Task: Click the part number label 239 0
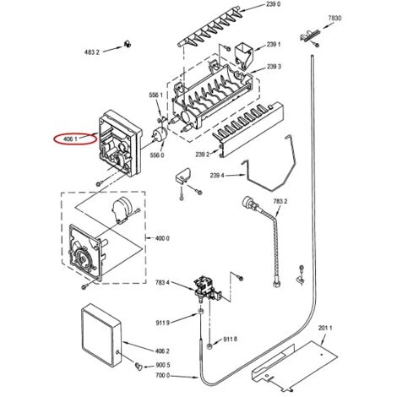click(273, 4)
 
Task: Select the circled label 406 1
click(70, 139)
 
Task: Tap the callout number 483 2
click(92, 52)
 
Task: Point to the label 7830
click(334, 19)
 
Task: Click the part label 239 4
click(217, 176)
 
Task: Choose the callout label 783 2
click(280, 201)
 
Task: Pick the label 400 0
click(162, 238)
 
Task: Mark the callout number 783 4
click(162, 282)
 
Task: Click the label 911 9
click(162, 323)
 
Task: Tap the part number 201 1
click(325, 328)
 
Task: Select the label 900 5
click(163, 365)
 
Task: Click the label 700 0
click(162, 376)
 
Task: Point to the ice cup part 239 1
click(244, 56)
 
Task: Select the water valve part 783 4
click(207, 290)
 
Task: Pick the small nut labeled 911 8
click(209, 346)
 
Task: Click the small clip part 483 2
click(128, 44)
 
